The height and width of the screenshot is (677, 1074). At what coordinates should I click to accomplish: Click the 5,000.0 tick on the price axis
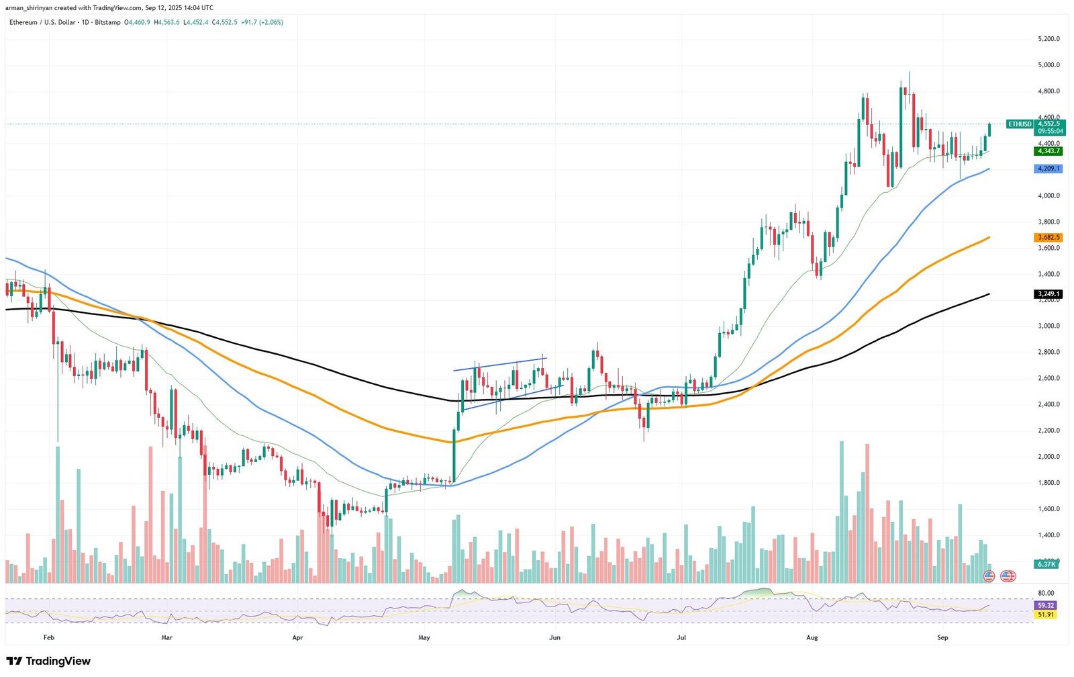coord(1048,65)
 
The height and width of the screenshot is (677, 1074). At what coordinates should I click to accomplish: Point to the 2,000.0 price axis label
coord(1048,457)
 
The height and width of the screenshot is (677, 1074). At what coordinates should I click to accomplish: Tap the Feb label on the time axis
coord(48,637)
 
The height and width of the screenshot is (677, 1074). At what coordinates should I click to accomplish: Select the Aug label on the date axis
coord(812,637)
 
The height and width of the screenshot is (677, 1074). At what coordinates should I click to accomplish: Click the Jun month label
coord(554,637)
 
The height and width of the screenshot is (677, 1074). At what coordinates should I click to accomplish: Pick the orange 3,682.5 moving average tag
coord(1048,238)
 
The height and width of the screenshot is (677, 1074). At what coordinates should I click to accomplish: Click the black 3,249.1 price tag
coord(1048,294)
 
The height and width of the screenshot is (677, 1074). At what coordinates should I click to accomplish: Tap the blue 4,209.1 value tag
coord(1048,169)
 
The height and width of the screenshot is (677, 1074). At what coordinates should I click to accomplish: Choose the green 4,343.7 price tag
coord(1048,151)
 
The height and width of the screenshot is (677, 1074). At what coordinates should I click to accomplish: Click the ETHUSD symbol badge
coord(1020,124)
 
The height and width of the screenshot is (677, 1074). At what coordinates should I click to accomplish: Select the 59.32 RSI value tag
coord(1046,605)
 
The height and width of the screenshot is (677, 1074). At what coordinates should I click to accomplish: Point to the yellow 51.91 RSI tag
coord(1046,615)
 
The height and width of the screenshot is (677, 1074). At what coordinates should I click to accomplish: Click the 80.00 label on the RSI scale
coord(1045,593)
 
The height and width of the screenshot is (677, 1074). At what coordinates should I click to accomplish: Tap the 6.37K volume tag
coord(1046,564)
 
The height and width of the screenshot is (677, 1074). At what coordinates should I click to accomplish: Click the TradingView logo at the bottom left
coord(48,662)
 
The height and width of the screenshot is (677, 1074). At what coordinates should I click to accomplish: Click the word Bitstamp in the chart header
coord(108,22)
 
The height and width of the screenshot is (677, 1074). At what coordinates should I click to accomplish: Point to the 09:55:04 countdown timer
coord(1050,132)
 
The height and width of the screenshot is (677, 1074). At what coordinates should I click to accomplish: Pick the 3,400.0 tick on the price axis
coord(1048,274)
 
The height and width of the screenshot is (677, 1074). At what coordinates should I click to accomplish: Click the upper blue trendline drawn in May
coord(499,364)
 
